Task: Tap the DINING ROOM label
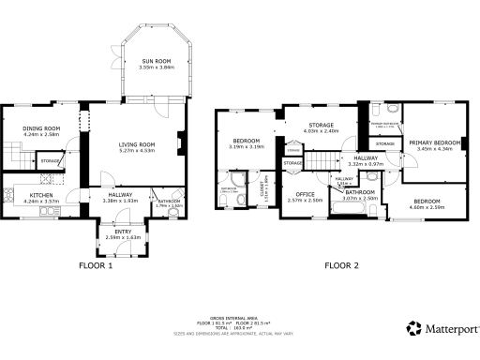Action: pos(41,127)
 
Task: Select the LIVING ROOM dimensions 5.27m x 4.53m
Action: pos(136,150)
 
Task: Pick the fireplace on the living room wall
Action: pos(181,143)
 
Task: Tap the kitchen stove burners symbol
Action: pos(9,197)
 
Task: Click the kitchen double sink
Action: pos(44,216)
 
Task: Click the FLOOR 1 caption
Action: pos(96,265)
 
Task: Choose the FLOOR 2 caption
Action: pos(341,265)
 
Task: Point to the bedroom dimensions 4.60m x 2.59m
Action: pos(427,208)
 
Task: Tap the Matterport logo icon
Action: pos(413,328)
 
